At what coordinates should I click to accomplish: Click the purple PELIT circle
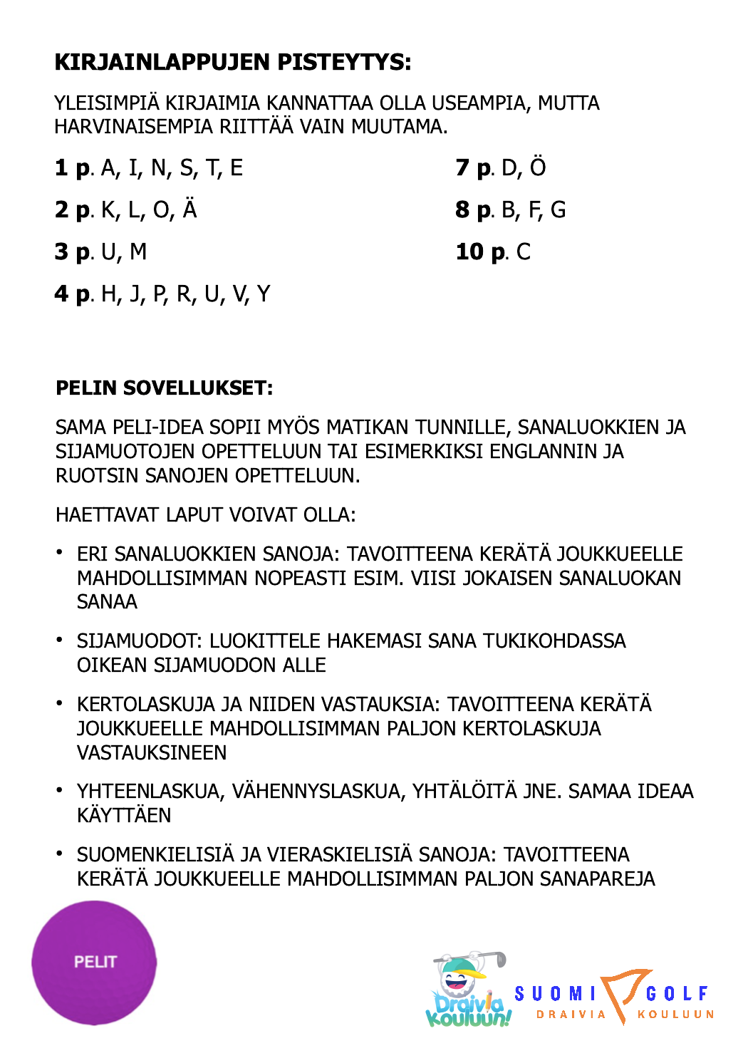(x=94, y=963)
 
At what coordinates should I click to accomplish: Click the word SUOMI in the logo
(x=555, y=993)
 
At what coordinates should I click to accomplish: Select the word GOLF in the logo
(x=677, y=993)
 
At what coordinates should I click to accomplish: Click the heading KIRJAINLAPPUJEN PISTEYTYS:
(x=233, y=63)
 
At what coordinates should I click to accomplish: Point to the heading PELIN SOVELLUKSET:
(x=164, y=388)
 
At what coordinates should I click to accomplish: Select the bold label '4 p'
(x=73, y=294)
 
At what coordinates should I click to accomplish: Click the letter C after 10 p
(x=524, y=252)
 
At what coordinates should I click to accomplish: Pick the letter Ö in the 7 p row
(x=538, y=167)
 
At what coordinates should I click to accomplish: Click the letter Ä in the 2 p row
(x=189, y=209)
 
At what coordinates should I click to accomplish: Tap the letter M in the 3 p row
(x=138, y=252)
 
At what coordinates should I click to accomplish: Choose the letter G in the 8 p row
(x=559, y=210)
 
